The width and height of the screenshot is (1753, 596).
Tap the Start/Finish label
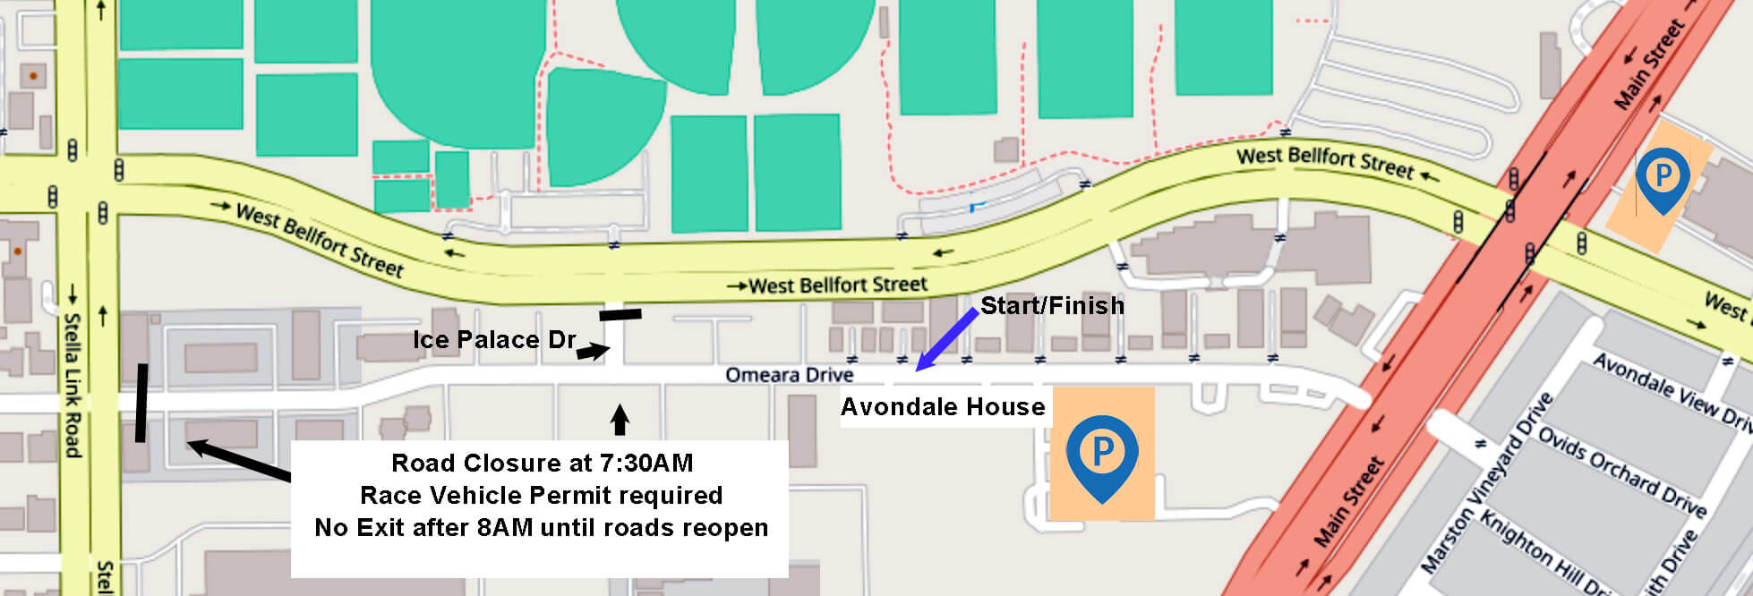pyautogui.click(x=1052, y=306)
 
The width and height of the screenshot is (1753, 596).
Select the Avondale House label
pyautogui.click(x=943, y=408)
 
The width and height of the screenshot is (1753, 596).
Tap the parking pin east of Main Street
pyautogui.click(x=1663, y=177)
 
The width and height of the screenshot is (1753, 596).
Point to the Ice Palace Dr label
pyautogui.click(x=493, y=340)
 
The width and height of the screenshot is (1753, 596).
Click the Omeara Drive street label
pyautogui.click(x=789, y=374)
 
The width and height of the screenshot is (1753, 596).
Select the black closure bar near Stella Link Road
pyautogui.click(x=141, y=403)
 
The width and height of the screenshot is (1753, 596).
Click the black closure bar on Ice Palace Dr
pyautogui.click(x=620, y=314)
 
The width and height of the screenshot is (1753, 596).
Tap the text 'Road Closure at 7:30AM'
pyautogui.click(x=542, y=464)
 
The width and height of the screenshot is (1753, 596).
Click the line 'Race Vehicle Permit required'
pyautogui.click(x=542, y=496)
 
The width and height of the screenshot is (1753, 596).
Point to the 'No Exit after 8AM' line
pyautogui.click(x=542, y=528)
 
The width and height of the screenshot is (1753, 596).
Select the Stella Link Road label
pyautogui.click(x=72, y=385)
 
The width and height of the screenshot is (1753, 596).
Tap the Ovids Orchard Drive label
pyautogui.click(x=1621, y=470)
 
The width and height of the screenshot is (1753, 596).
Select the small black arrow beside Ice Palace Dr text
pyautogui.click(x=592, y=352)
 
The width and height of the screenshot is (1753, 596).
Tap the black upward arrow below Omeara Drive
pyautogui.click(x=619, y=419)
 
